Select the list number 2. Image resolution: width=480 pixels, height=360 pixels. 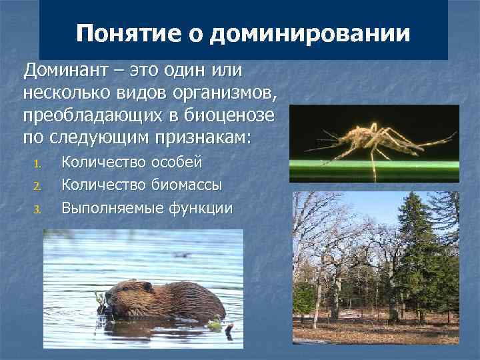tap(38, 187)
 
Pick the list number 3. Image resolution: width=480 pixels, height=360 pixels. tap(38, 209)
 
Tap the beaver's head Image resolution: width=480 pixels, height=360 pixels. tap(120, 293)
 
